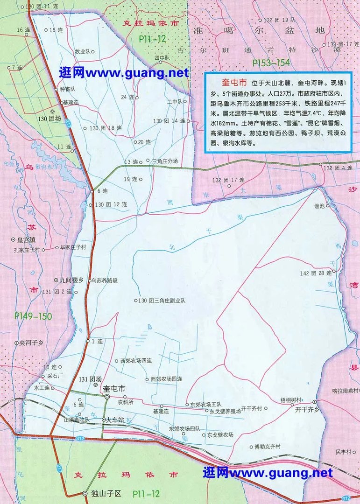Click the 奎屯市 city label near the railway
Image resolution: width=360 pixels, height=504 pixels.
coord(114,388)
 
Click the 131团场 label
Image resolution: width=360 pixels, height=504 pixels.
coord(90,379)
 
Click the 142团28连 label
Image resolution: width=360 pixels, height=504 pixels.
coord(316,273)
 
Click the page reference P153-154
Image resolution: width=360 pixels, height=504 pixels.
coord(271,62)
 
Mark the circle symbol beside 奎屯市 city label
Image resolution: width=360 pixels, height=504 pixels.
coord(107,396)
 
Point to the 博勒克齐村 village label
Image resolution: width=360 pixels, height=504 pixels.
coord(264,446)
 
